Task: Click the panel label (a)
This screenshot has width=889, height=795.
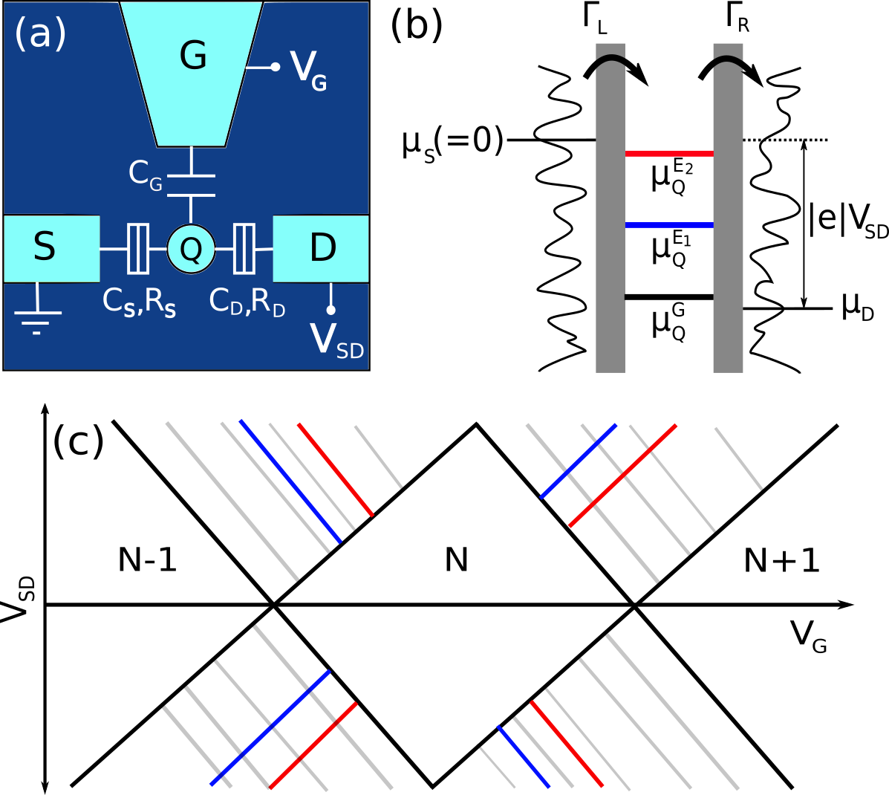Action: (40, 33)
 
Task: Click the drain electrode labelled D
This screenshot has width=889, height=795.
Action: (322, 248)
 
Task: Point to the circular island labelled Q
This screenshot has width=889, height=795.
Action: (191, 249)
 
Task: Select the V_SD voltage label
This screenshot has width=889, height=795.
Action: (336, 341)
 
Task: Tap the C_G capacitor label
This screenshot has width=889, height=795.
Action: (145, 175)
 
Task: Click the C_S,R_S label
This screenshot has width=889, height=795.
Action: (139, 302)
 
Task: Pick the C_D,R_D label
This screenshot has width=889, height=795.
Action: (247, 302)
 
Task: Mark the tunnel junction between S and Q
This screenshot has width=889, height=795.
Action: (138, 249)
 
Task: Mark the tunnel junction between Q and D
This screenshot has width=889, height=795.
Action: (244, 249)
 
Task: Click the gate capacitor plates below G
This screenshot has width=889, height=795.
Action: (191, 186)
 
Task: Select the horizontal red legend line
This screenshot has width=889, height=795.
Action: (669, 154)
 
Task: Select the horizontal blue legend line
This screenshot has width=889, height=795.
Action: (669, 225)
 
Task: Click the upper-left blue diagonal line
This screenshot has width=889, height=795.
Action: (290, 481)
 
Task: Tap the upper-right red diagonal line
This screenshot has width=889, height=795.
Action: (622, 476)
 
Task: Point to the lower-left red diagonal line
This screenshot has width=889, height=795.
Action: (313, 745)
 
